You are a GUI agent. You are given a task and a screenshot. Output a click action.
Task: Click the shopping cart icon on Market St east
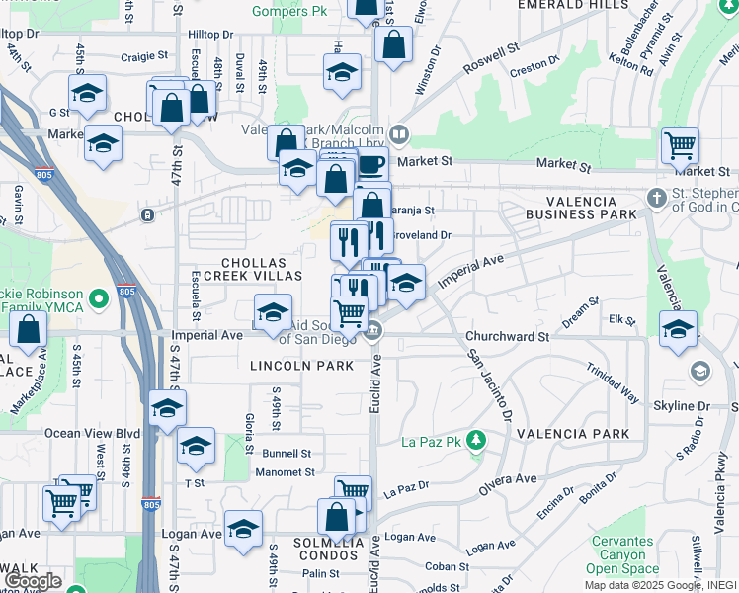[x=681, y=146]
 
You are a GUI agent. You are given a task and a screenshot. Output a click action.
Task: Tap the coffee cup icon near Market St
[x=370, y=165]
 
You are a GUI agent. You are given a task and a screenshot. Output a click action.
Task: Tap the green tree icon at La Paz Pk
[x=476, y=439]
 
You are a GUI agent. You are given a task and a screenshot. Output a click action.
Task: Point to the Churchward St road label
[x=507, y=336]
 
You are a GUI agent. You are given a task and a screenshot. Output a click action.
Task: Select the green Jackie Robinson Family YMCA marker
[x=99, y=297]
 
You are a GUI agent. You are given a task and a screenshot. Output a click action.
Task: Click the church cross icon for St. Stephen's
[x=655, y=199]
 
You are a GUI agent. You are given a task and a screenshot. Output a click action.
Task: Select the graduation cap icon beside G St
[x=87, y=94]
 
